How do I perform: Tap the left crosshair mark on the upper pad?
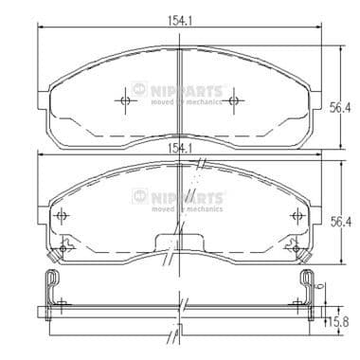pyautogui.click(x=125, y=99)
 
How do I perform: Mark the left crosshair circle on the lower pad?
pyautogui.click(x=63, y=217)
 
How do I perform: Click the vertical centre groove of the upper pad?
pyautogui.click(x=180, y=95)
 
